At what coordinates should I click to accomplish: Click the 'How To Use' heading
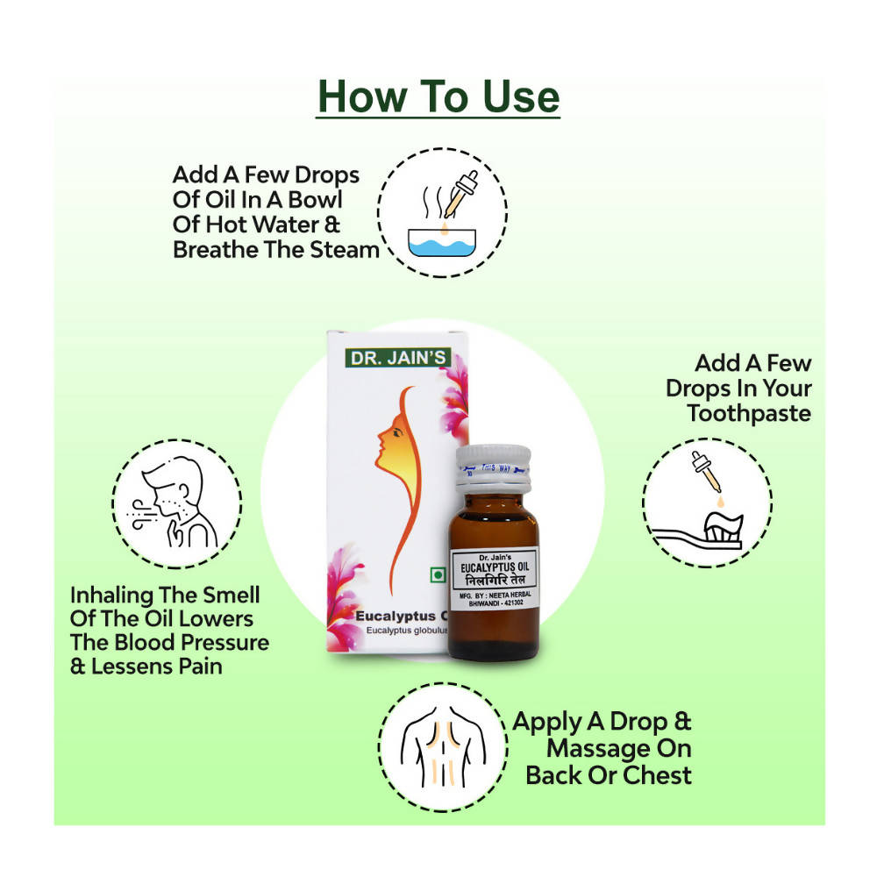[x=438, y=96]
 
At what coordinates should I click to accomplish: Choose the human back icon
[x=444, y=746]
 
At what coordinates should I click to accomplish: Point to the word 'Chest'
[x=657, y=775]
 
